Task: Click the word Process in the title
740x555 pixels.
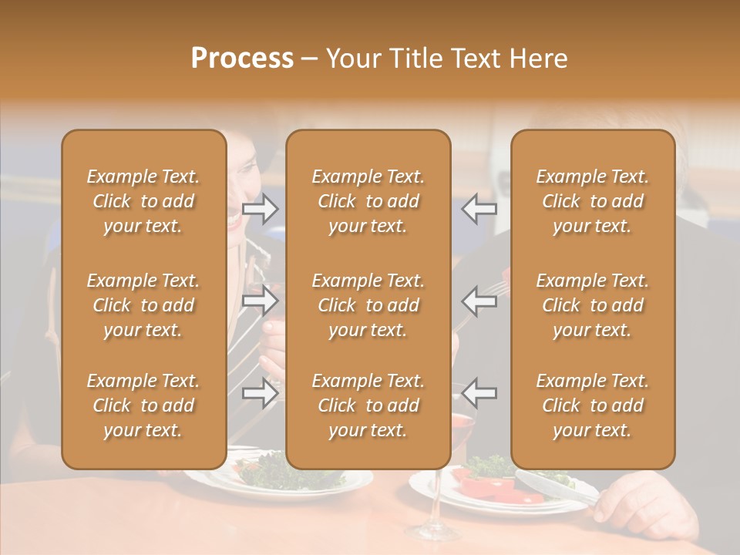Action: pyautogui.click(x=242, y=59)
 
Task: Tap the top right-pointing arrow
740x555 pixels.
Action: pyautogui.click(x=261, y=209)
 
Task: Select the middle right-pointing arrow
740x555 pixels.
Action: pyautogui.click(x=261, y=301)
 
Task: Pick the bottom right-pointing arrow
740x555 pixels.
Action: pyautogui.click(x=261, y=392)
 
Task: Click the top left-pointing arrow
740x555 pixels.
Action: pyautogui.click(x=479, y=209)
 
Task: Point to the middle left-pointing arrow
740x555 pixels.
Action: pyautogui.click(x=479, y=301)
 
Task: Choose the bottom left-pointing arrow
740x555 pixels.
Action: pyautogui.click(x=479, y=392)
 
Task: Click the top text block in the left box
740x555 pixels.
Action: pyautogui.click(x=143, y=201)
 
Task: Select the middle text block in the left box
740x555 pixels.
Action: pyautogui.click(x=143, y=305)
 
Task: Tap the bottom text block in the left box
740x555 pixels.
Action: pyautogui.click(x=143, y=405)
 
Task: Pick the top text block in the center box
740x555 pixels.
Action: pyautogui.click(x=368, y=201)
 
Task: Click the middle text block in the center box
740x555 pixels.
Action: pyautogui.click(x=368, y=305)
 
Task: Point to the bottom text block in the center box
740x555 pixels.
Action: pyautogui.click(x=368, y=405)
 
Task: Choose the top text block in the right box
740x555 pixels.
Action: pyautogui.click(x=593, y=201)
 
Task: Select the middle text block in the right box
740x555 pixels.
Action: pyautogui.click(x=593, y=305)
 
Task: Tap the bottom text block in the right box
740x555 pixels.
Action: pyautogui.click(x=593, y=405)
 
